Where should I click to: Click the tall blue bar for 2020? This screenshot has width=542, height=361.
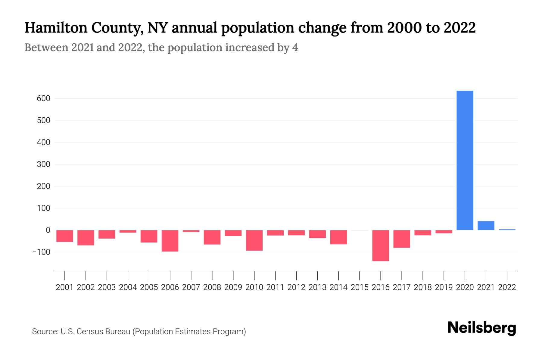tap(465, 160)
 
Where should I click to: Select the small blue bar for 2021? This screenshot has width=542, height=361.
tap(486, 226)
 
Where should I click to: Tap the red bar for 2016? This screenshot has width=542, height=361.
tap(381, 245)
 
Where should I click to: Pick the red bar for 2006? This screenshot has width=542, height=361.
tap(170, 241)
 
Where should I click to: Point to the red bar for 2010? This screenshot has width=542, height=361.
tap(254, 240)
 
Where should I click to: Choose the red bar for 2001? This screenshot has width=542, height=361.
tap(65, 236)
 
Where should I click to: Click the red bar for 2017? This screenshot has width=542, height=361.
tap(402, 239)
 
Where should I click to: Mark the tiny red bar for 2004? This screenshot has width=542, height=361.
tap(128, 231)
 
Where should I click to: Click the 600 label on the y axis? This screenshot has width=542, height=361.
tap(44, 98)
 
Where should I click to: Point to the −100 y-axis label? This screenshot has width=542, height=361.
tap(41, 252)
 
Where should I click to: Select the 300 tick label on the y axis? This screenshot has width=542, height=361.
tap(44, 164)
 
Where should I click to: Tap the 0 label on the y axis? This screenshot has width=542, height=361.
tap(48, 230)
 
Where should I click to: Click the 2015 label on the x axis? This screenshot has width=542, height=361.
tap(360, 287)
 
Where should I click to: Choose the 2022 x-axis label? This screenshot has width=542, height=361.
tap(507, 287)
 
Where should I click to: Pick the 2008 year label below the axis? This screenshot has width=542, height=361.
tap(212, 287)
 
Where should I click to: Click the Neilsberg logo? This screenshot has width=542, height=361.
tap(482, 328)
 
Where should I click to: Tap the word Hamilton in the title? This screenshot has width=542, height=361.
tap(55, 28)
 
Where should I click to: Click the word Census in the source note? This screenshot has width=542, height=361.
tap(90, 332)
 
